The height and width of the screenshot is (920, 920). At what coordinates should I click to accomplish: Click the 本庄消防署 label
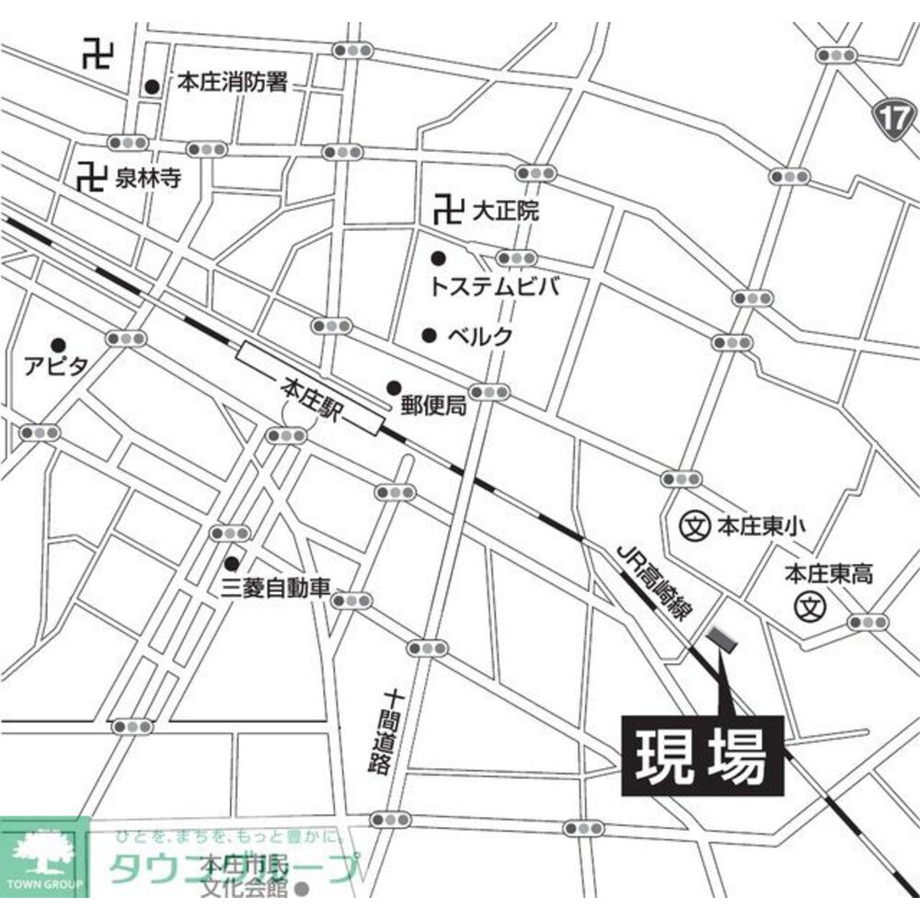[233, 85]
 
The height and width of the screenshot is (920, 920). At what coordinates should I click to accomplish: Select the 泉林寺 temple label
[147, 177]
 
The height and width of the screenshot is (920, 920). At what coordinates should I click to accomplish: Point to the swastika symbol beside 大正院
[446, 211]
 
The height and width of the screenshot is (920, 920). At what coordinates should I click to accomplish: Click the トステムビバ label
[494, 287]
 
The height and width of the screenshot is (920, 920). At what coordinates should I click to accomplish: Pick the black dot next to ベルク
[429, 335]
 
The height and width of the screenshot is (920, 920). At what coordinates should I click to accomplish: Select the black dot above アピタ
[58, 345]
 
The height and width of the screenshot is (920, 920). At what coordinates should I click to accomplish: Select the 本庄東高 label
[828, 575]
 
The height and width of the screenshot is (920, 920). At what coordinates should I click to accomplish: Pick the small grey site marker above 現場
[719, 640]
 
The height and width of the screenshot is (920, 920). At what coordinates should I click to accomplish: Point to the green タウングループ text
[230, 867]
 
